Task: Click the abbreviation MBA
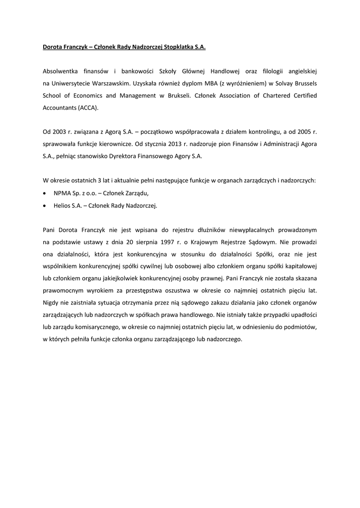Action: (x=204, y=84)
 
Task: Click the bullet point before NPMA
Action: (x=46, y=193)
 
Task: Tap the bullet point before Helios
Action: (x=46, y=205)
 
